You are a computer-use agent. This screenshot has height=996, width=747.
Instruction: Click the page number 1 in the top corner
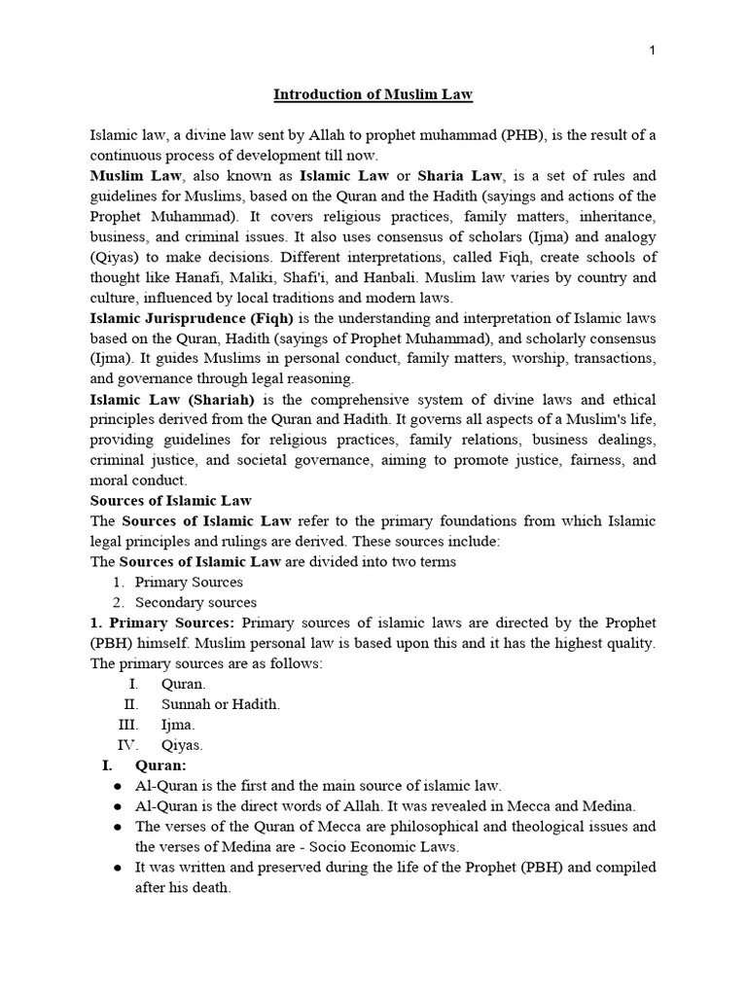coord(653,52)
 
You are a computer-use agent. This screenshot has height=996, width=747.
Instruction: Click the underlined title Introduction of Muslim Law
coord(373,94)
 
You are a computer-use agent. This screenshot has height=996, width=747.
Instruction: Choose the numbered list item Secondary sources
coord(196,602)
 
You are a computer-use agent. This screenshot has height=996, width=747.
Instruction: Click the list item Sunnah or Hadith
coord(220,704)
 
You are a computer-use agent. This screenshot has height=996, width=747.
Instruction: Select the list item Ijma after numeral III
coord(178,725)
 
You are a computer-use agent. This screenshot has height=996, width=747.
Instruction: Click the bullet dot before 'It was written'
coord(117,867)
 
